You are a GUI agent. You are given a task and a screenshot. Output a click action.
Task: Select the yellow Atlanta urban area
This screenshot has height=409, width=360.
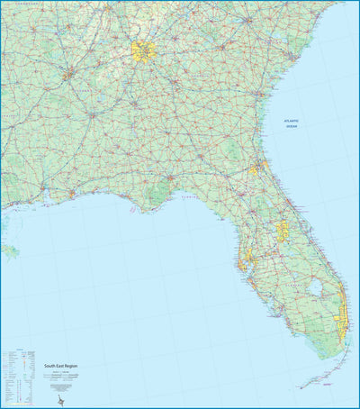click(141, 50)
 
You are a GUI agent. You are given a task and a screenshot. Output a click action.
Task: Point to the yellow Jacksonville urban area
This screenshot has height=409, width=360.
click(256, 168)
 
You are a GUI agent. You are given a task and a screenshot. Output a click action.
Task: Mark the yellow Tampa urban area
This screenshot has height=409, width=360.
click(246, 262)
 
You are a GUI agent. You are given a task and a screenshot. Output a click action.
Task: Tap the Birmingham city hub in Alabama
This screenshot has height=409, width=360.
click(67, 76)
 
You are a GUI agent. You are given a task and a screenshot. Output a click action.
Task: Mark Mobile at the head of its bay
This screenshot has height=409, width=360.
click(42, 187)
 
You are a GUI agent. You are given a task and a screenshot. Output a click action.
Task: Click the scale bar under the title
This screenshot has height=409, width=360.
click(62, 376)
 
